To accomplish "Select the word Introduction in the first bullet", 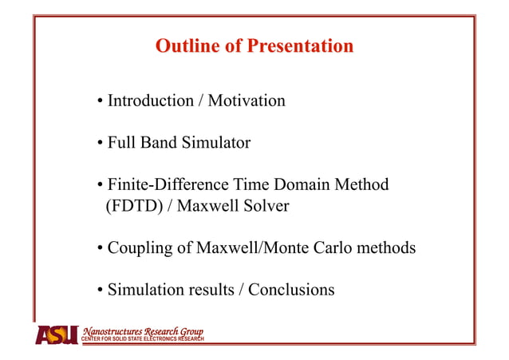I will tap(151, 101).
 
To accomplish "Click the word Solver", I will tap(262, 206).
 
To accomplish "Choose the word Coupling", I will tap(139, 248).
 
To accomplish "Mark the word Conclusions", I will tap(291, 290).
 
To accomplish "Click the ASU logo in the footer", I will tap(57, 334).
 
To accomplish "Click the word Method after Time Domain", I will tap(364, 185).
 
